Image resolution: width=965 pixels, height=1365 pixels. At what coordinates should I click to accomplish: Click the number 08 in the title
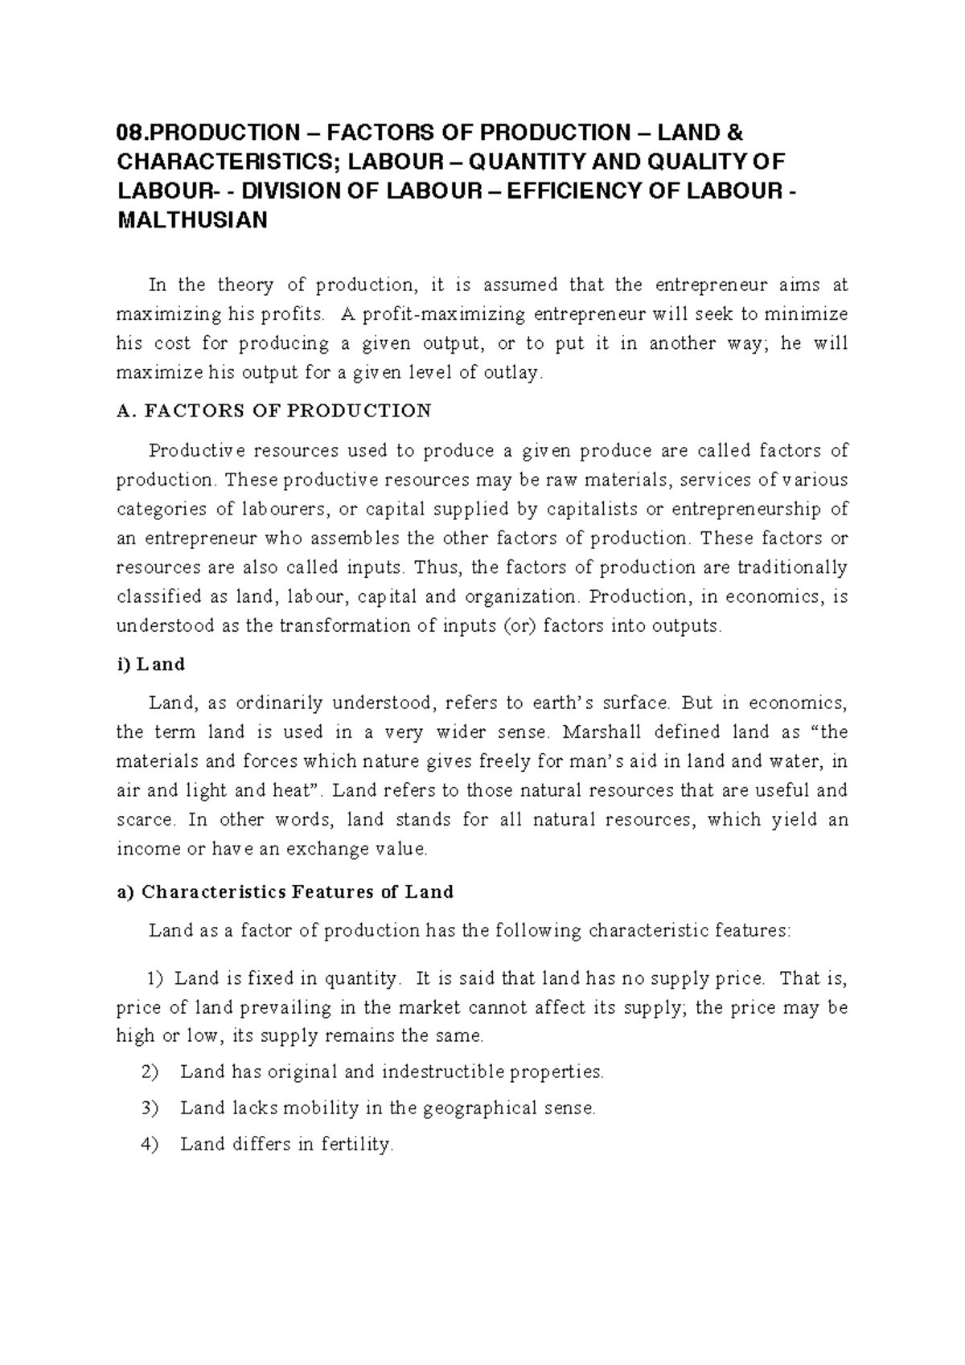[129, 132]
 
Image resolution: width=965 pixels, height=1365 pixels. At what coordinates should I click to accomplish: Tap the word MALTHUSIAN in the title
[191, 221]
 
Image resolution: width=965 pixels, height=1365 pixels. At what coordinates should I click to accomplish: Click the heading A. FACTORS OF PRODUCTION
[273, 411]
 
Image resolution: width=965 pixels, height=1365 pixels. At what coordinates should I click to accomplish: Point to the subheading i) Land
[150, 664]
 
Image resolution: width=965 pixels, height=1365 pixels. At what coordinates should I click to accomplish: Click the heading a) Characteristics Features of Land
[285, 892]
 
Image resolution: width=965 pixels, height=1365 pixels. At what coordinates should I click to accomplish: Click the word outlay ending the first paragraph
[507, 373]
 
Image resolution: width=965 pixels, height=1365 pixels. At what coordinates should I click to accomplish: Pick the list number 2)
[150, 1072]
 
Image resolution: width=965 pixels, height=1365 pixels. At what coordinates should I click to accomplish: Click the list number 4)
[150, 1145]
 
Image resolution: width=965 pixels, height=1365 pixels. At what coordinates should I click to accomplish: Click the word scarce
[145, 820]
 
